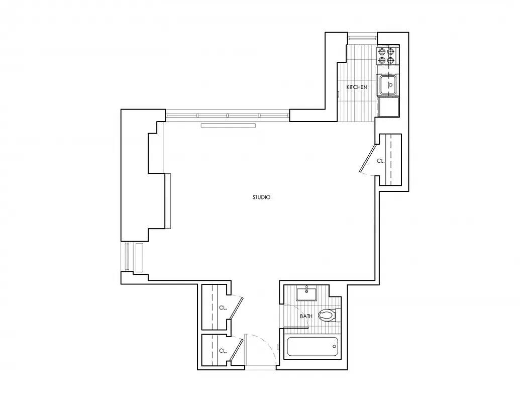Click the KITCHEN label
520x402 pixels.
[357, 87]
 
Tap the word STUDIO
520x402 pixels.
[261, 197]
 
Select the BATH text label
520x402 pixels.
[306, 316]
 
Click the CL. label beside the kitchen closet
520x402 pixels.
[381, 161]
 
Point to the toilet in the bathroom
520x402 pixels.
[327, 316]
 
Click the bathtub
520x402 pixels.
[311, 347]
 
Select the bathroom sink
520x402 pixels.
[306, 293]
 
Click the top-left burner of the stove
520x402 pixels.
[382, 51]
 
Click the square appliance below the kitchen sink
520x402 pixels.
[388, 107]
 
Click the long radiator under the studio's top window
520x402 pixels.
[229, 125]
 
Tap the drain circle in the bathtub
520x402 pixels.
[334, 346]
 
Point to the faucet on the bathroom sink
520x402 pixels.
[306, 288]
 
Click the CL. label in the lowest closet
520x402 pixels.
[223, 351]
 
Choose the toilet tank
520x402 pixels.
[338, 316]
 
